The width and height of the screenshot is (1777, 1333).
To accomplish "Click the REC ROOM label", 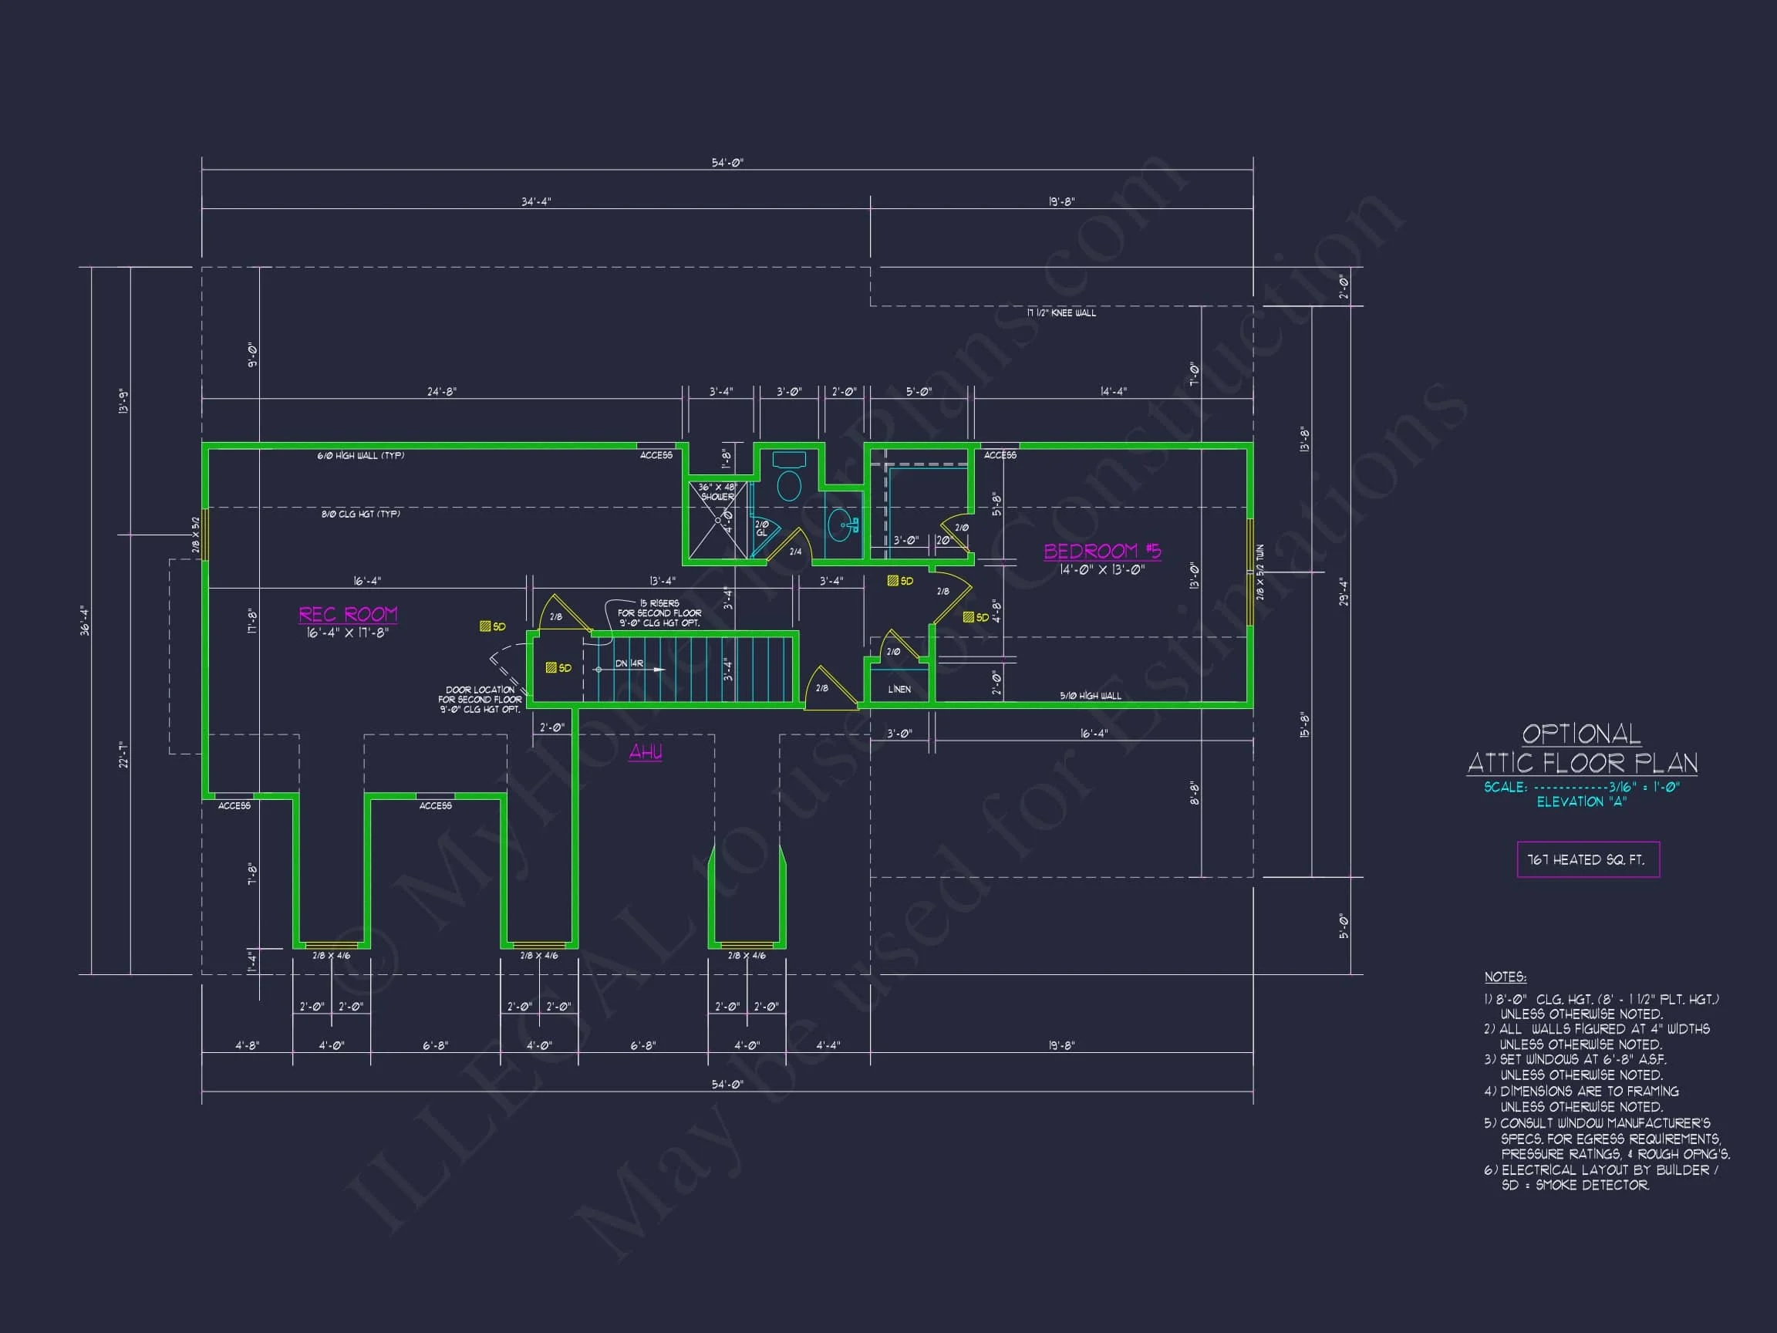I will [348, 615].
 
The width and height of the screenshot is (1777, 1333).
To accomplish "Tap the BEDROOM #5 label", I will [1101, 552].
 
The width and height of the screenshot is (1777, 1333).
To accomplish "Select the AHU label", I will [645, 752].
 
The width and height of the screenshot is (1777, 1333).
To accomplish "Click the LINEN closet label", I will [899, 690].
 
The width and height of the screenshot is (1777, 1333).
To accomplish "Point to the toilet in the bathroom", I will [789, 484].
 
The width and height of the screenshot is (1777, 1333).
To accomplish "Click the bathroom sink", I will [841, 524].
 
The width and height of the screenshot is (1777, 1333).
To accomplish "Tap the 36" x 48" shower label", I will [717, 491].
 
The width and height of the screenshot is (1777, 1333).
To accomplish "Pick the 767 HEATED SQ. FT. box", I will [1587, 860].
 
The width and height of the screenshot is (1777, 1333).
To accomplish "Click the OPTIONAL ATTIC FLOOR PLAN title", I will [1582, 749].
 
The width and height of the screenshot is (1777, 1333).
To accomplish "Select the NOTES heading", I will [1505, 977].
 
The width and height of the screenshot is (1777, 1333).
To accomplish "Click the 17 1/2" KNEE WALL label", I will [1060, 312].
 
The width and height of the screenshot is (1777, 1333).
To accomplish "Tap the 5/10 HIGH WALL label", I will [1090, 696].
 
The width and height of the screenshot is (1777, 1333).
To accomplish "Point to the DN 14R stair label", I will [629, 663].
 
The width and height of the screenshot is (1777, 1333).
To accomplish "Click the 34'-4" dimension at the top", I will [536, 201].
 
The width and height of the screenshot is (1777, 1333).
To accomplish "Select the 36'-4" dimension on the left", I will [85, 620].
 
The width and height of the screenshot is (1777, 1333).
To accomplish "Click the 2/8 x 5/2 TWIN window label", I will [1259, 572].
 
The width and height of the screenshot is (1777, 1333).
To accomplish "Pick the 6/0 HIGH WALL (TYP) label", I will [360, 456].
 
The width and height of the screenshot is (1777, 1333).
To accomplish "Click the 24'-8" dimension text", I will [441, 392].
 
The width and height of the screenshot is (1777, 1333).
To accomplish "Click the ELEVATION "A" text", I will [1581, 802].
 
